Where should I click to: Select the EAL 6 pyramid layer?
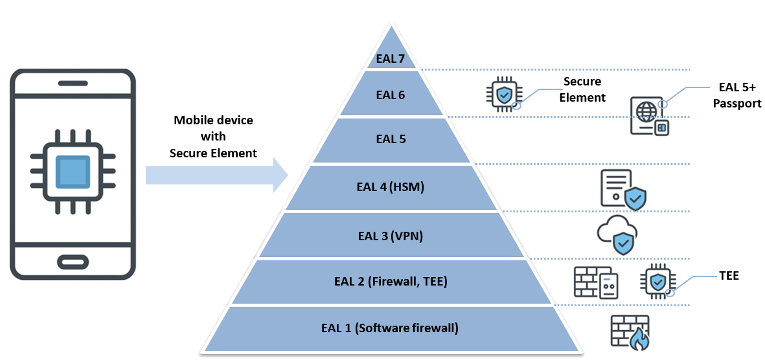tap(391, 95)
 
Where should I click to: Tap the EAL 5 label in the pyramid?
tap(391, 139)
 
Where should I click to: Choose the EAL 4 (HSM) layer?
tap(391, 188)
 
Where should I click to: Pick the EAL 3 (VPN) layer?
tap(391, 236)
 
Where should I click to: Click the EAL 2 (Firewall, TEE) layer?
tap(391, 282)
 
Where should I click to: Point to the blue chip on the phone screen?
tap(73, 172)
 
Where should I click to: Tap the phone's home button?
tap(73, 262)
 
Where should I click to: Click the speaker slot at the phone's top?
tap(73, 83)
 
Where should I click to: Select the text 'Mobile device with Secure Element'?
tap(213, 137)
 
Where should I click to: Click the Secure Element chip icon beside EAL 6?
tap(503, 94)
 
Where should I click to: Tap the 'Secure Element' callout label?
tap(584, 90)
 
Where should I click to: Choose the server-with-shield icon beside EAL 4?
tap(623, 190)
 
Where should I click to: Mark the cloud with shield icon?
tap(617, 234)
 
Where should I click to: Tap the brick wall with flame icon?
tap(630, 332)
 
